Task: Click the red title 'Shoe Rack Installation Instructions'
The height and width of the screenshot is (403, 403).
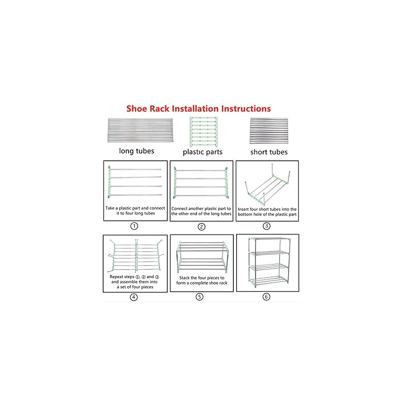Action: click(198, 109)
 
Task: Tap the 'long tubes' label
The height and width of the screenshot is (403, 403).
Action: click(137, 151)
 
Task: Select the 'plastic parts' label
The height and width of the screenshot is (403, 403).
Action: click(203, 152)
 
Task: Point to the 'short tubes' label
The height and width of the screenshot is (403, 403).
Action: click(269, 152)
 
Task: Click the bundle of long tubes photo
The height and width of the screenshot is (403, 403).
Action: click(140, 130)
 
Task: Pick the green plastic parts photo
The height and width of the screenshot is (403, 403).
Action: click(204, 132)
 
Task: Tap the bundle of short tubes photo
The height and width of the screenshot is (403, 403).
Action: click(269, 131)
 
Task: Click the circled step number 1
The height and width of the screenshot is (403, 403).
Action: click(134, 226)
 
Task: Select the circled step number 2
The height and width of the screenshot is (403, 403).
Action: click(201, 226)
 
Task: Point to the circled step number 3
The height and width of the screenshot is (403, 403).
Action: click(266, 226)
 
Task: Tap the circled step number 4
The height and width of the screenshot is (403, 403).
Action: click(134, 297)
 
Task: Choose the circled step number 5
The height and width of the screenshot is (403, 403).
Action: click(199, 297)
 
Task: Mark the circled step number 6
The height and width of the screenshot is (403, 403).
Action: click(266, 297)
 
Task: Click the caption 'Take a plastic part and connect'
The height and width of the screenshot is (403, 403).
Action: click(135, 208)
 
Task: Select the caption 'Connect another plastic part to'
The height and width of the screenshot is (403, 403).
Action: click(201, 209)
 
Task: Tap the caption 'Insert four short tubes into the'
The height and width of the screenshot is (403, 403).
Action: click(267, 209)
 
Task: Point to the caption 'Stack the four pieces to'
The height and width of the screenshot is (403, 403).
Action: click(202, 278)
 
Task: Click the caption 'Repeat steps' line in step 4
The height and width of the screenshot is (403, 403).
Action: click(135, 277)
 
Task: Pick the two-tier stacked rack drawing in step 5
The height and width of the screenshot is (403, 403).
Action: click(202, 257)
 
